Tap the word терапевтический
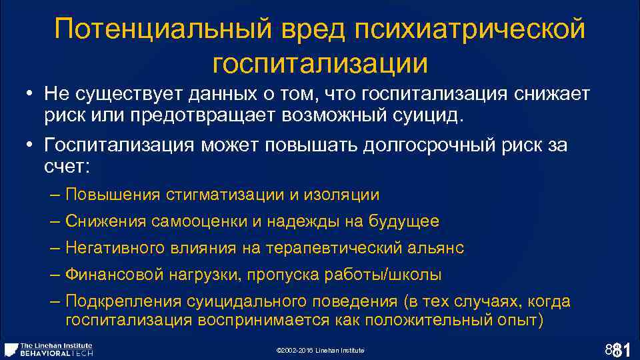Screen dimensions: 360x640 pos(334,248)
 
